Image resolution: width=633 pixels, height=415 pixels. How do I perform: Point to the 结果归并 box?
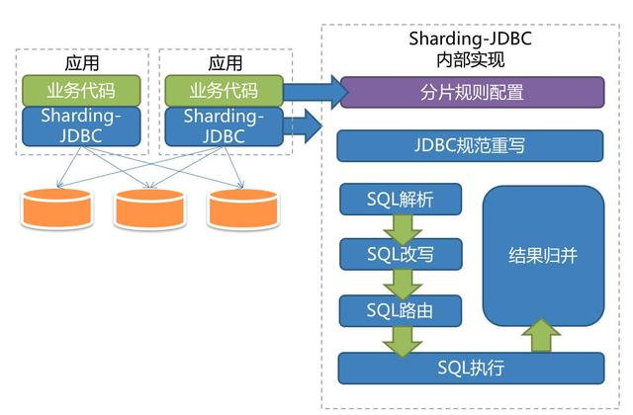(543, 255)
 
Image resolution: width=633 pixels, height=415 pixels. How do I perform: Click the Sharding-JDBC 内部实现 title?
(470, 48)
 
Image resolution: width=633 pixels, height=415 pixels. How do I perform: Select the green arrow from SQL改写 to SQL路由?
(401, 284)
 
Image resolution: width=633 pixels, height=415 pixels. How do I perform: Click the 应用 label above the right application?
(225, 62)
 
